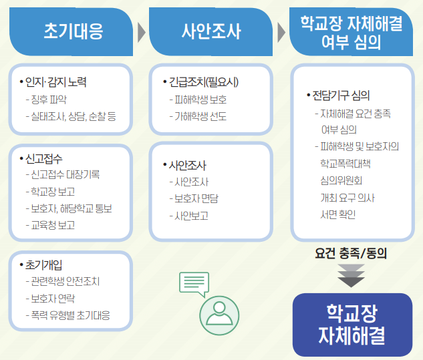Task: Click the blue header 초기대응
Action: (72, 31)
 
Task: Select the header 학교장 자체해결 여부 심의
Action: (351, 32)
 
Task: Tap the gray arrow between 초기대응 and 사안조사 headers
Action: (142, 33)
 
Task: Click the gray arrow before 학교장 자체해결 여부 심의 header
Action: (281, 33)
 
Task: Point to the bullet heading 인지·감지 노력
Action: (53, 82)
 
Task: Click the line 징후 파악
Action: (46, 100)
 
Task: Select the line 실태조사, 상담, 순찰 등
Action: (71, 116)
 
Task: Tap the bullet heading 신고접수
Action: (41, 158)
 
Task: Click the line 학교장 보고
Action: (50, 192)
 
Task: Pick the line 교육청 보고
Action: (50, 225)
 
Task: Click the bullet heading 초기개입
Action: (41, 265)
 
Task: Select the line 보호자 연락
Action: (50, 299)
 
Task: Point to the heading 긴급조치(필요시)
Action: (200, 82)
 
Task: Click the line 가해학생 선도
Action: (198, 116)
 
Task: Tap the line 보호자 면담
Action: (194, 199)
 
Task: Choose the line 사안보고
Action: (189, 216)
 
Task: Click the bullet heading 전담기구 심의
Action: (338, 96)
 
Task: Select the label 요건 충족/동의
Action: (351, 254)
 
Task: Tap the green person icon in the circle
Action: (219, 315)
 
